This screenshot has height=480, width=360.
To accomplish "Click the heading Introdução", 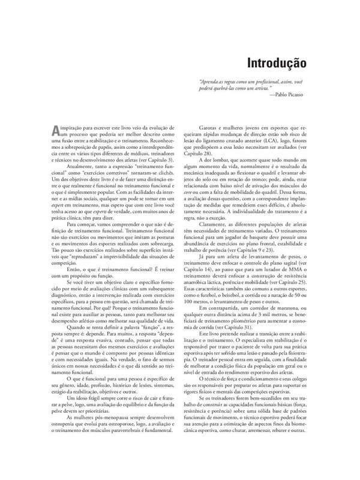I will pos(277,62).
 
